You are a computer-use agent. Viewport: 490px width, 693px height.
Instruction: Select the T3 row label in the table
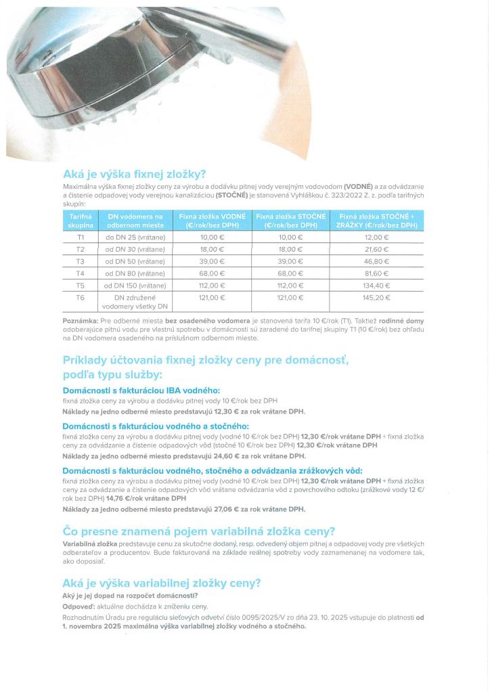tap(80, 261)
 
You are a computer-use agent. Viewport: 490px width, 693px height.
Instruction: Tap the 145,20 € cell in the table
tap(377, 298)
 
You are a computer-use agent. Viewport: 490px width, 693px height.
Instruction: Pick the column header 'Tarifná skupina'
tap(80, 220)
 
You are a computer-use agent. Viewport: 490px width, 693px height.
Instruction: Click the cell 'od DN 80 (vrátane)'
tap(135, 273)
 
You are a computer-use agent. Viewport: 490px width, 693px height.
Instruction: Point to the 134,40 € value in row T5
tap(377, 286)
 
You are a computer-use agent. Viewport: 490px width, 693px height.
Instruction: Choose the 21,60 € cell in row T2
tap(377, 249)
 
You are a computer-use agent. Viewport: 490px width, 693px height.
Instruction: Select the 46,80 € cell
tap(377, 261)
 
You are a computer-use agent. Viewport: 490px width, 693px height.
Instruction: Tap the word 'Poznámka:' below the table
tap(80, 319)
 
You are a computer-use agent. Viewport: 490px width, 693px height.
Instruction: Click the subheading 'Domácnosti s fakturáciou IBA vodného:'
tap(141, 390)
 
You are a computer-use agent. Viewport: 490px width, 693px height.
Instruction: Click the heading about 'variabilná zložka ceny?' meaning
tap(199, 531)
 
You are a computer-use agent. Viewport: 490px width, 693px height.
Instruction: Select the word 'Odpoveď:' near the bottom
tap(79, 606)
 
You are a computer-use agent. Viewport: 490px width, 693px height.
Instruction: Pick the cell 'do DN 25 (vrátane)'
tap(135, 238)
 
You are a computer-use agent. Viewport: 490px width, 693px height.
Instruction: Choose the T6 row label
tap(80, 298)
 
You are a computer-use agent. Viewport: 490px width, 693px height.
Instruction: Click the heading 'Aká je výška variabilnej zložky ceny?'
tap(162, 583)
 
